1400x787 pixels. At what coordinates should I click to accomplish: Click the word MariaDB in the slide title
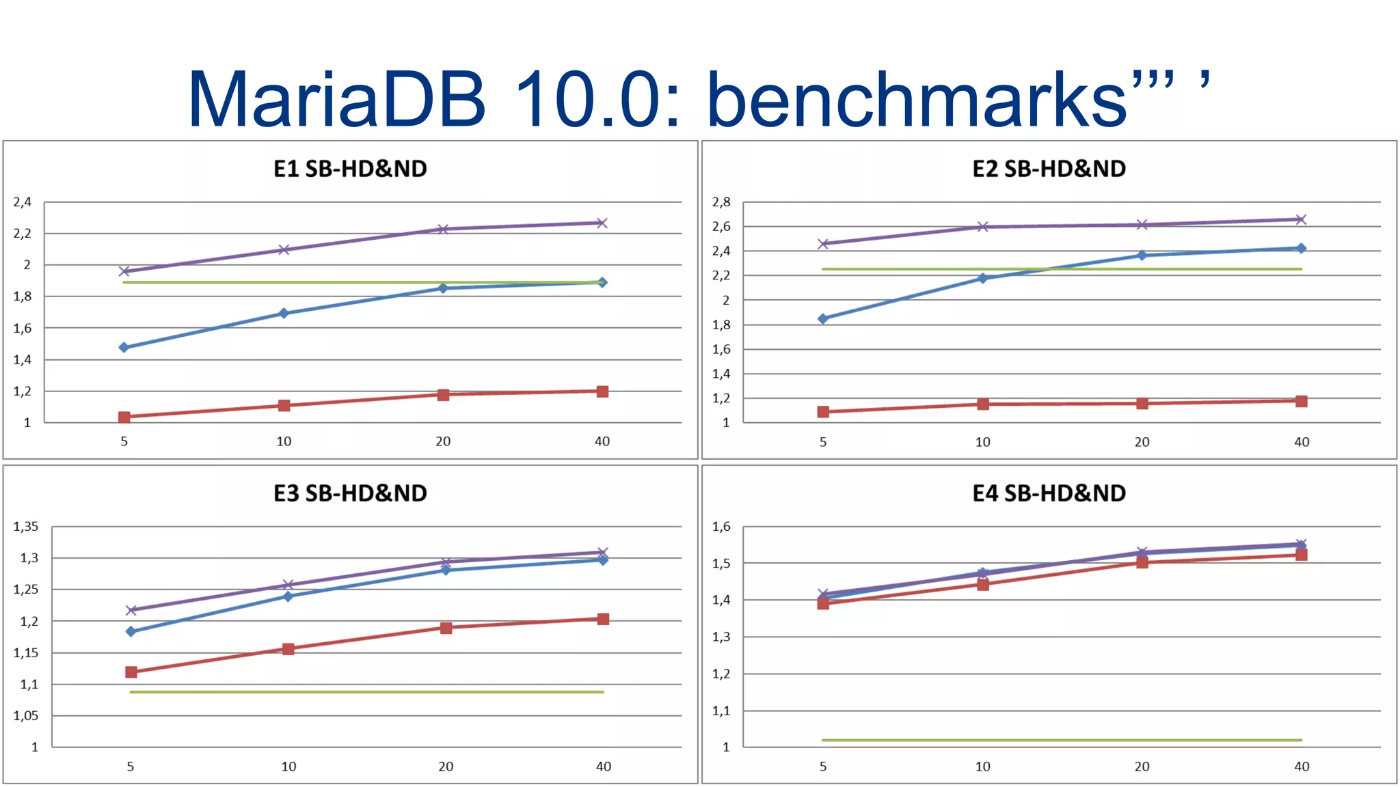point(336,99)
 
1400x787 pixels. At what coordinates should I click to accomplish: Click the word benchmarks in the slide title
point(916,99)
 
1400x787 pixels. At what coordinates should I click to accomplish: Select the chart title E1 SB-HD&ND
point(350,169)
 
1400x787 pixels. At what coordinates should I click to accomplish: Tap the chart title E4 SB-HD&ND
point(1049,493)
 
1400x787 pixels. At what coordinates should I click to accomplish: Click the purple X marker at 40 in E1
point(602,223)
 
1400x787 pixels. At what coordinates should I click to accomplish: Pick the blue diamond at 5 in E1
point(124,347)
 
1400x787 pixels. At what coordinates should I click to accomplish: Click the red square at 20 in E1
point(443,395)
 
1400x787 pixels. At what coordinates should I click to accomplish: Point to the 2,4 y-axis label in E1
point(22,202)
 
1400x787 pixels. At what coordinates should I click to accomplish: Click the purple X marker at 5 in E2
point(823,244)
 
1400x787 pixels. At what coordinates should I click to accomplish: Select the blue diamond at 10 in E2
point(982,278)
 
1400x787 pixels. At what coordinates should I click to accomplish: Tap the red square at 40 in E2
point(1301,401)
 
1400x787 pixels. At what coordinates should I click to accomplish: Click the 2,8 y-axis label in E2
point(721,202)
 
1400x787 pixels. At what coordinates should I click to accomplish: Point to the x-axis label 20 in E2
point(1142,442)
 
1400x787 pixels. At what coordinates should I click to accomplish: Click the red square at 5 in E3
point(131,672)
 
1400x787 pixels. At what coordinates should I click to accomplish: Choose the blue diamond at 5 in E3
point(131,631)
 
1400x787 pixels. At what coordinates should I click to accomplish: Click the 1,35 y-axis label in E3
point(26,527)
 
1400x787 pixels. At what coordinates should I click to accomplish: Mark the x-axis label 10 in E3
point(288,767)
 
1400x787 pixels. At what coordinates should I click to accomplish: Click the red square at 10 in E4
point(982,584)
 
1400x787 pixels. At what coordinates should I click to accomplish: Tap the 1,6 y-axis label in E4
point(721,527)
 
